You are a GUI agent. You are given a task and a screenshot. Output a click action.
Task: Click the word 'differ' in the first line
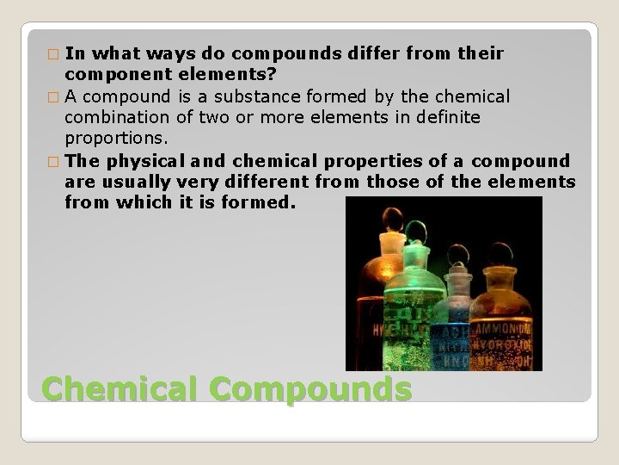[374, 53]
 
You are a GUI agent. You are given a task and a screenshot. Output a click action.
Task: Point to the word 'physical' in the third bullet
[143, 160]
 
